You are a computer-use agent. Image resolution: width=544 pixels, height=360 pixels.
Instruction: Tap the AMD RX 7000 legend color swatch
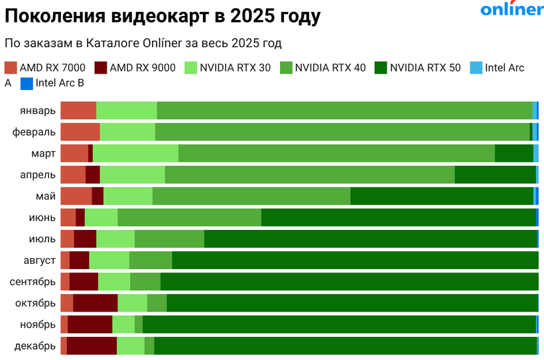[x=10, y=67]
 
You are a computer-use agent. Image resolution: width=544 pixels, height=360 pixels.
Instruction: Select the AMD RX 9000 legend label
[x=143, y=67]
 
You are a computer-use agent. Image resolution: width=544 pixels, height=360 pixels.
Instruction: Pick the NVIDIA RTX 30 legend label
[x=235, y=67]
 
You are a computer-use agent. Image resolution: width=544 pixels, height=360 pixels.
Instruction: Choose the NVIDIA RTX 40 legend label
[x=330, y=67]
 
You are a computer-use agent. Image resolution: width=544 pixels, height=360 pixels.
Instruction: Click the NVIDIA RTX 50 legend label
[x=425, y=67]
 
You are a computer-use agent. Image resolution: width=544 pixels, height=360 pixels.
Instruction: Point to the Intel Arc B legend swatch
[x=27, y=84]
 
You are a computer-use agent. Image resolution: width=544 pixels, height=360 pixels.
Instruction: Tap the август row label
[x=37, y=260]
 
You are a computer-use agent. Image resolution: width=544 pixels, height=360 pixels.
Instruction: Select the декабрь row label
[x=34, y=345]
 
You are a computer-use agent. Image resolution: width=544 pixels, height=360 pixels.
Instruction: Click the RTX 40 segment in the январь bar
[x=344, y=111]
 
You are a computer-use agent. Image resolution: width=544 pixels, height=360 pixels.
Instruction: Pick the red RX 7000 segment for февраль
[x=80, y=132]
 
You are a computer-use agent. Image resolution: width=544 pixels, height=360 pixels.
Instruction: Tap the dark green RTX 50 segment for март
[x=513, y=153]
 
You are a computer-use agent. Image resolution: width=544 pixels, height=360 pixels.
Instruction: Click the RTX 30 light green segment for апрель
[x=132, y=174]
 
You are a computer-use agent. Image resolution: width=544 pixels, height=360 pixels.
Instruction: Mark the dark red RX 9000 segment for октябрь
[x=95, y=303]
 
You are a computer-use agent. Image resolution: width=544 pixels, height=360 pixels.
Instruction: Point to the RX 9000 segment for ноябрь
[x=90, y=324]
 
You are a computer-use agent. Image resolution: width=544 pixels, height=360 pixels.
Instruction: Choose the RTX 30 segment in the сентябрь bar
[x=114, y=282]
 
